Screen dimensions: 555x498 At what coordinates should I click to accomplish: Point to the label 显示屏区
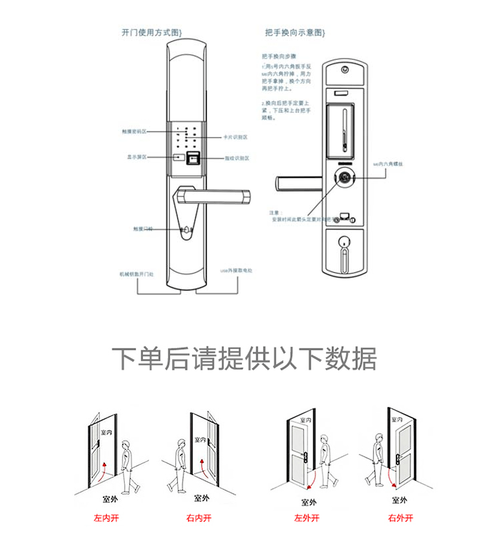pyautogui.click(x=136, y=157)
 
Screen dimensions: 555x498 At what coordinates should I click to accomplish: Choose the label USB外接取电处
pyautogui.click(x=237, y=272)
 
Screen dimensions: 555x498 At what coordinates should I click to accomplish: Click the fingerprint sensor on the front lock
pyautogui.click(x=195, y=159)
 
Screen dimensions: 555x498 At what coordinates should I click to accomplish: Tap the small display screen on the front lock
pyautogui.click(x=179, y=158)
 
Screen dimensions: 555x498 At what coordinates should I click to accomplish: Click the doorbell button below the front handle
pyautogui.click(x=187, y=230)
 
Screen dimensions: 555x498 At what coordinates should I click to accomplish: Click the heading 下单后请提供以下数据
pyautogui.click(x=244, y=359)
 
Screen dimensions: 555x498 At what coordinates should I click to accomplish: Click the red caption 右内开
pyautogui.click(x=199, y=517)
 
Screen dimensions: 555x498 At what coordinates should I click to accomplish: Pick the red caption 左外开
pyautogui.click(x=307, y=518)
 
